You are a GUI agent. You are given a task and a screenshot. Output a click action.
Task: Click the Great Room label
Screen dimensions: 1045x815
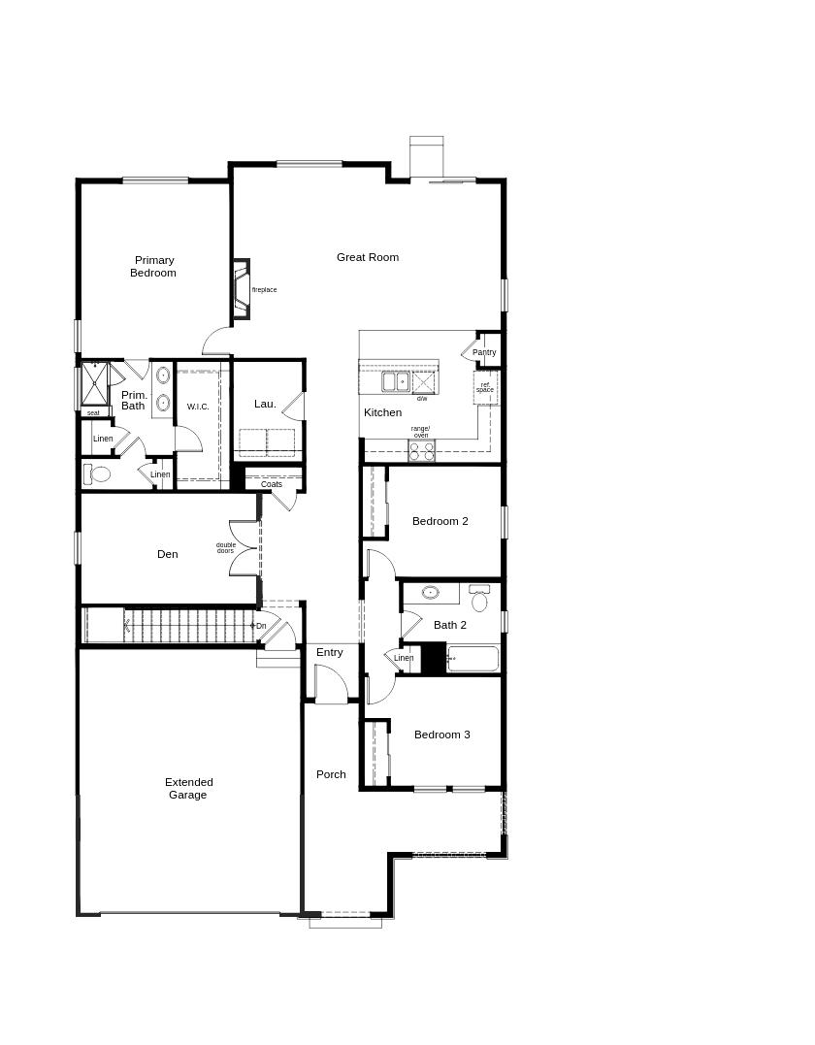(368, 257)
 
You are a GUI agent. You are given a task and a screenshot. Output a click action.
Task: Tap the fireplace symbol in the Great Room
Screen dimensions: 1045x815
(240, 289)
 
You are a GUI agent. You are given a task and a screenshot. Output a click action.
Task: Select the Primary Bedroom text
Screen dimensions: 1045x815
(154, 267)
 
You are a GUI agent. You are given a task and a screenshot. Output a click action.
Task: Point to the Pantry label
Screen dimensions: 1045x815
(484, 352)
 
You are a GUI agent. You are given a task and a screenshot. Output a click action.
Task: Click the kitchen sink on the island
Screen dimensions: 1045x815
(395, 382)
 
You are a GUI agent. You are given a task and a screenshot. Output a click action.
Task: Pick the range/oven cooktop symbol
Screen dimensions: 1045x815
(421, 451)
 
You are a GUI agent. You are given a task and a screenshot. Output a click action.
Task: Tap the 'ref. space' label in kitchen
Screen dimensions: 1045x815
(485, 387)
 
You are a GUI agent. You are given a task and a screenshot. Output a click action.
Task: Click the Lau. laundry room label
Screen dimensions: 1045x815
(265, 404)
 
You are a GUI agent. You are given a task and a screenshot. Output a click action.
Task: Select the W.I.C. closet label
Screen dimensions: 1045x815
(198, 407)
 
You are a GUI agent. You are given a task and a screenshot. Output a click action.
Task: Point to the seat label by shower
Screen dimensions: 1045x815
(93, 413)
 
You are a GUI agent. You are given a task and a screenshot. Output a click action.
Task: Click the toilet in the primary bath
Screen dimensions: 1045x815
(98, 474)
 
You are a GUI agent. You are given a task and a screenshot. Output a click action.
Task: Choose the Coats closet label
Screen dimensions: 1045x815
(272, 484)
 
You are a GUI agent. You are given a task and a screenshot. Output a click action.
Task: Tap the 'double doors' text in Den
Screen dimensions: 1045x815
(225, 548)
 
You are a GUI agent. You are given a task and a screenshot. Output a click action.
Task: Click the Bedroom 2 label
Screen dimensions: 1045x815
(440, 521)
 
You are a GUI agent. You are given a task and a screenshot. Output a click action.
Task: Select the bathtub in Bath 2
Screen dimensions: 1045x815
(473, 660)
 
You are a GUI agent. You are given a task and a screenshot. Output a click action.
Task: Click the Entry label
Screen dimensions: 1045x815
(329, 652)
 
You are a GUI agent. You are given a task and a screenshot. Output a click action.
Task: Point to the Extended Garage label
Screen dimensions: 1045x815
(188, 788)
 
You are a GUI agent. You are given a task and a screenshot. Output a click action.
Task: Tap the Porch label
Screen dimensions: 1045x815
(331, 774)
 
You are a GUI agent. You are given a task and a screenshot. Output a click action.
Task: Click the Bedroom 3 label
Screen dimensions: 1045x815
(441, 735)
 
